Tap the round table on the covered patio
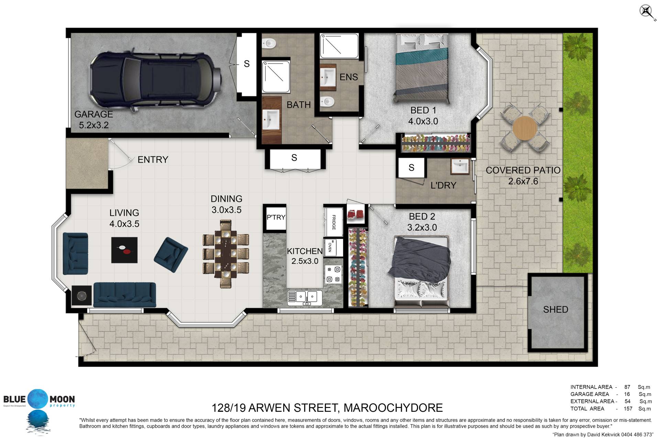525,128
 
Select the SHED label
555,309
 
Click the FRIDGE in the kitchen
333,222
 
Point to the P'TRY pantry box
276,217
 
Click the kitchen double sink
305,297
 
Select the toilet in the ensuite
327,101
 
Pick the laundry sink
460,167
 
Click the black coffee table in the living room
124,250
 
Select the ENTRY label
153,159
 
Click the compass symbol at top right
647,12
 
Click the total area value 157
628,409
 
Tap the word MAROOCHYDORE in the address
393,408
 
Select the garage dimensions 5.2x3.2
94,125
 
